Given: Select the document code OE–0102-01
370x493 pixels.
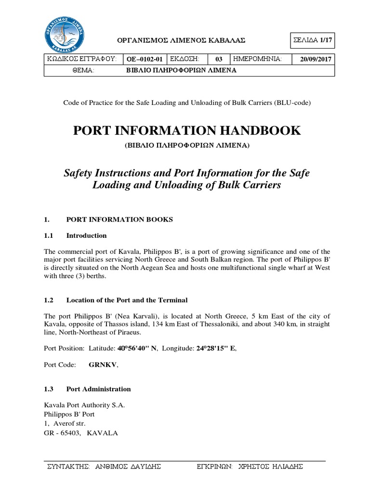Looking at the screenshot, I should tap(145, 60).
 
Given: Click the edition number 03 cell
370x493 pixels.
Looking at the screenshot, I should tap(219, 60).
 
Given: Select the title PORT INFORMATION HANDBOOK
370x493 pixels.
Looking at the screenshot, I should tap(186, 130).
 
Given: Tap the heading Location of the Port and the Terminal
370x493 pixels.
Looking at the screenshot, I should tap(127, 300).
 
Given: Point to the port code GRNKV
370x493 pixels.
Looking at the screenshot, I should tap(103, 365).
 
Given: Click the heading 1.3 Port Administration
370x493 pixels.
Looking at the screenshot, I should tap(87, 389).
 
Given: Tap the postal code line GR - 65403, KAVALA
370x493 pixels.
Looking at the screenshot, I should tap(80, 432).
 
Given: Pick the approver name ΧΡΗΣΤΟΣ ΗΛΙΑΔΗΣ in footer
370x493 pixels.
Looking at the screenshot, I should tap(275, 467).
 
